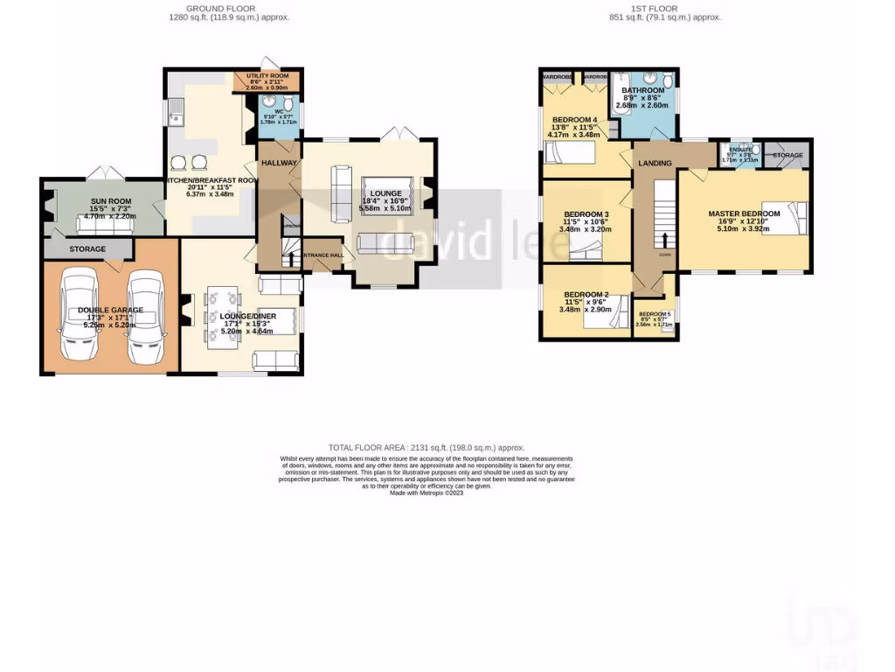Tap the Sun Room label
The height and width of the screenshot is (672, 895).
point(111,202)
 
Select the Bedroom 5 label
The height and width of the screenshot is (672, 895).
point(655,314)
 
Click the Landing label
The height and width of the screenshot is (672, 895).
point(655,164)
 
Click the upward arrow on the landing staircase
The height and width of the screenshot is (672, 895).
point(665,240)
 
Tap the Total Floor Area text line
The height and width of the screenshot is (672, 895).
point(426,447)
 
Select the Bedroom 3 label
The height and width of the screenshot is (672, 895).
point(586,214)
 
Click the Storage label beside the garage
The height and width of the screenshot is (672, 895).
point(88,249)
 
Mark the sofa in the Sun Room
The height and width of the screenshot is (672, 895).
point(104,225)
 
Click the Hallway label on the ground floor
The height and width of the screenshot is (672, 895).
point(279,164)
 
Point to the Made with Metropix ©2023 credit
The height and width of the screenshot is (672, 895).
point(426,493)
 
